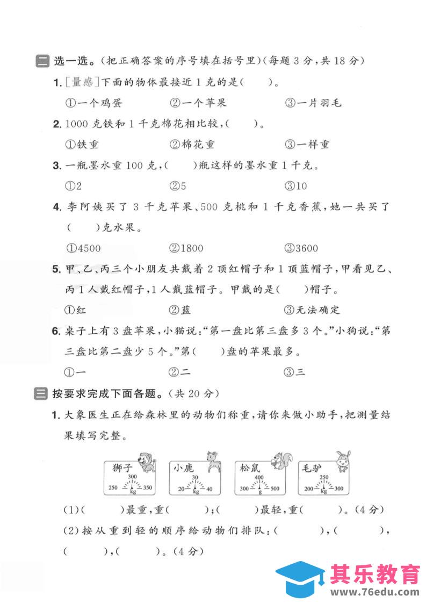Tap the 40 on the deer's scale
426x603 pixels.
click(x=210, y=489)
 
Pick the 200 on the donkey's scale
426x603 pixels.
click(x=309, y=488)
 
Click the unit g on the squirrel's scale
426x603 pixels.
click(x=259, y=491)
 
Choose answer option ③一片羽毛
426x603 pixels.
click(x=313, y=102)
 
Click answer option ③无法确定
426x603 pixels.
click(x=313, y=310)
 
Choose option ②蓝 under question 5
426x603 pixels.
click(x=180, y=310)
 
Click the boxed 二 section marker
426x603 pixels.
click(x=41, y=61)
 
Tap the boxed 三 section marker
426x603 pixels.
click(x=41, y=393)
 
